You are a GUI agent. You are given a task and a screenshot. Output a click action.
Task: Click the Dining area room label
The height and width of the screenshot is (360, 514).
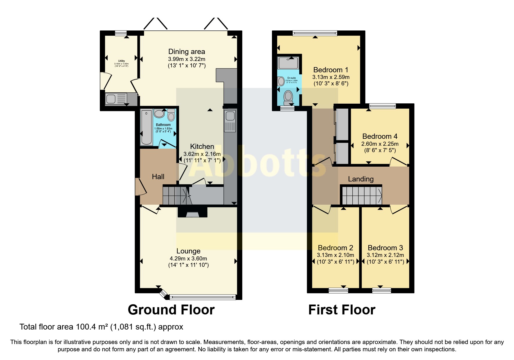(x=187, y=52)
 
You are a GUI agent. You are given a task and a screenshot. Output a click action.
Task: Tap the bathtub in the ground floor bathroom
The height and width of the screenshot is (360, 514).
(x=146, y=127)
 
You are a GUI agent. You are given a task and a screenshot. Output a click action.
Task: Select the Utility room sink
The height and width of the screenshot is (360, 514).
(x=111, y=99)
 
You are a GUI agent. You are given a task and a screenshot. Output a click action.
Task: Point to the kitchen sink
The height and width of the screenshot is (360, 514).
(x=230, y=116)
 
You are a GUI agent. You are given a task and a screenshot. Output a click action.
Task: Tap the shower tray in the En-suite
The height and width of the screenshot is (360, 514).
(x=288, y=63)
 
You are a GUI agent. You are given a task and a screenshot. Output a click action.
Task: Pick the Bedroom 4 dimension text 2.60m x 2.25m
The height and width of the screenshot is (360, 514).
(x=380, y=144)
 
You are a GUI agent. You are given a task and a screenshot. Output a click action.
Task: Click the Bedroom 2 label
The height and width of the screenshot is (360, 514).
(x=335, y=248)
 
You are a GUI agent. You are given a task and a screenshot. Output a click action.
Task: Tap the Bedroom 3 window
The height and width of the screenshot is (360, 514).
(x=381, y=290)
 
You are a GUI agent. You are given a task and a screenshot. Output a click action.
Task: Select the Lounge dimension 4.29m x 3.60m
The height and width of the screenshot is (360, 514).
(x=188, y=259)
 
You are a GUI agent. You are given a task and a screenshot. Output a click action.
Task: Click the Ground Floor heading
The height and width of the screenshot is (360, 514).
(x=171, y=310)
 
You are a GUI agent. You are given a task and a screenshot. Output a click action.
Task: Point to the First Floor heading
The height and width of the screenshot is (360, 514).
(x=342, y=310)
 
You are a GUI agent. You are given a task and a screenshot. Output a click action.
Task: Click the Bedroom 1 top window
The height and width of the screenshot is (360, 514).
(x=315, y=33)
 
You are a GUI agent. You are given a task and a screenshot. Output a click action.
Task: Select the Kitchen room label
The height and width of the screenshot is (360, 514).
(x=202, y=147)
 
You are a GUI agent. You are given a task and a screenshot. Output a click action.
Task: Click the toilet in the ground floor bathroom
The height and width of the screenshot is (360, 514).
(x=171, y=116)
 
